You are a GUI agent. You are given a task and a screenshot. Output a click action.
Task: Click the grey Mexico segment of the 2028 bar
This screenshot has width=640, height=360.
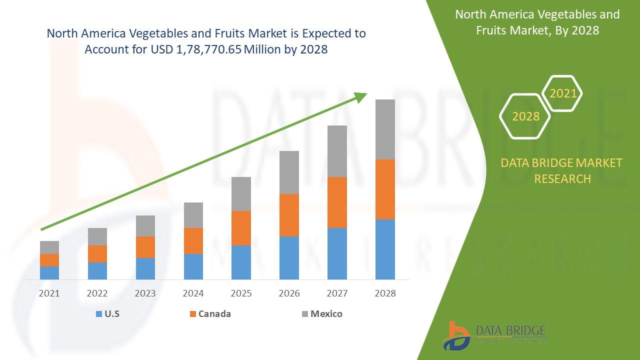click(385, 129)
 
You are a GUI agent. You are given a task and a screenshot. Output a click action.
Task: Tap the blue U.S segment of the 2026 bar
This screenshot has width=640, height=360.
click(289, 257)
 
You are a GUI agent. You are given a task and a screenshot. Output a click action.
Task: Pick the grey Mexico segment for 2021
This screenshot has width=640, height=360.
click(49, 247)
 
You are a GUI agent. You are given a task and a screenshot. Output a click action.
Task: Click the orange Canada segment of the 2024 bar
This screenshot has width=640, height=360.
click(193, 240)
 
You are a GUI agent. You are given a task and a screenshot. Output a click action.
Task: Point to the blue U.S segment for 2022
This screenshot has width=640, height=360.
click(97, 270)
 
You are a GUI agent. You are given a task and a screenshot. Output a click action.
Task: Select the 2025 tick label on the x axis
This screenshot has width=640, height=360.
click(241, 293)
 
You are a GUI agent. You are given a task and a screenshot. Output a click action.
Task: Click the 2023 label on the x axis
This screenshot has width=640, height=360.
click(145, 293)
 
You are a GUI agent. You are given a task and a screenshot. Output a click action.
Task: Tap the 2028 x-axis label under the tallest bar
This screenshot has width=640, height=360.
click(385, 293)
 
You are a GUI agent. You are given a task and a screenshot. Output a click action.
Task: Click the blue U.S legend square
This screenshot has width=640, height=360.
click(98, 314)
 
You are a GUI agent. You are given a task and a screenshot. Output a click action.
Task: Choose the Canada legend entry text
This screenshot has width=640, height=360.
click(214, 314)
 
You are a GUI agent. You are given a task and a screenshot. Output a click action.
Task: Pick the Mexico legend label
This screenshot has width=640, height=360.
click(326, 314)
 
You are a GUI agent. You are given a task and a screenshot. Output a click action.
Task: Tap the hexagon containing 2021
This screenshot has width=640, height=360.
click(562, 93)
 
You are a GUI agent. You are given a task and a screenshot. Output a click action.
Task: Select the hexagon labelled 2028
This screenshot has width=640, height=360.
click(525, 116)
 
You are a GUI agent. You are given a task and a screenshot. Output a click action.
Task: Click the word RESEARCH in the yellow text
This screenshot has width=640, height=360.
click(562, 178)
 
